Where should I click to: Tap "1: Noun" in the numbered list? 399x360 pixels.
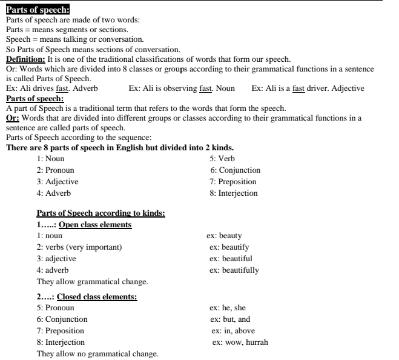point(50,159)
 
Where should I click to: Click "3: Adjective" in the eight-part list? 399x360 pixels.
point(57,182)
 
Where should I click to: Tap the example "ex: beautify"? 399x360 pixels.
point(229,247)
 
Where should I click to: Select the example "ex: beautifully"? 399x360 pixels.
point(234,270)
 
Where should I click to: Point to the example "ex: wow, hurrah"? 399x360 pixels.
point(240,342)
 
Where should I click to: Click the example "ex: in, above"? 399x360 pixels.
point(233,331)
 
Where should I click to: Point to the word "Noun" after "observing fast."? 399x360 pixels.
point(225,88)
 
